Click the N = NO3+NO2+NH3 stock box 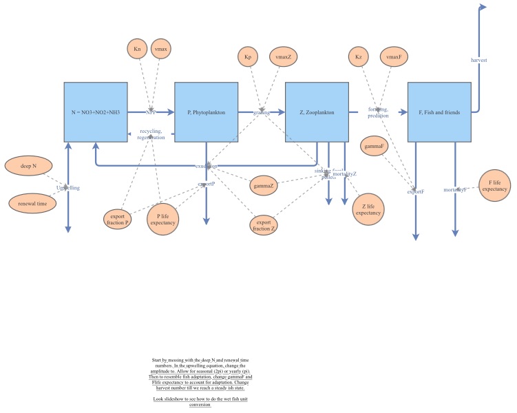click(96, 112)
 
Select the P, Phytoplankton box click(207, 112)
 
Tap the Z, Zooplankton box click(317, 112)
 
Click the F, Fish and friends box click(439, 112)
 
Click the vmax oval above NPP click(162, 50)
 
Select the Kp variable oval click(246, 57)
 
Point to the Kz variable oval click(358, 57)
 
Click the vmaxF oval click(394, 57)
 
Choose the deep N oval click(29, 166)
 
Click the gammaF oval click(376, 146)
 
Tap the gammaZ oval click(264, 186)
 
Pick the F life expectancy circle click(494, 184)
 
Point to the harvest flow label click(479, 60)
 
